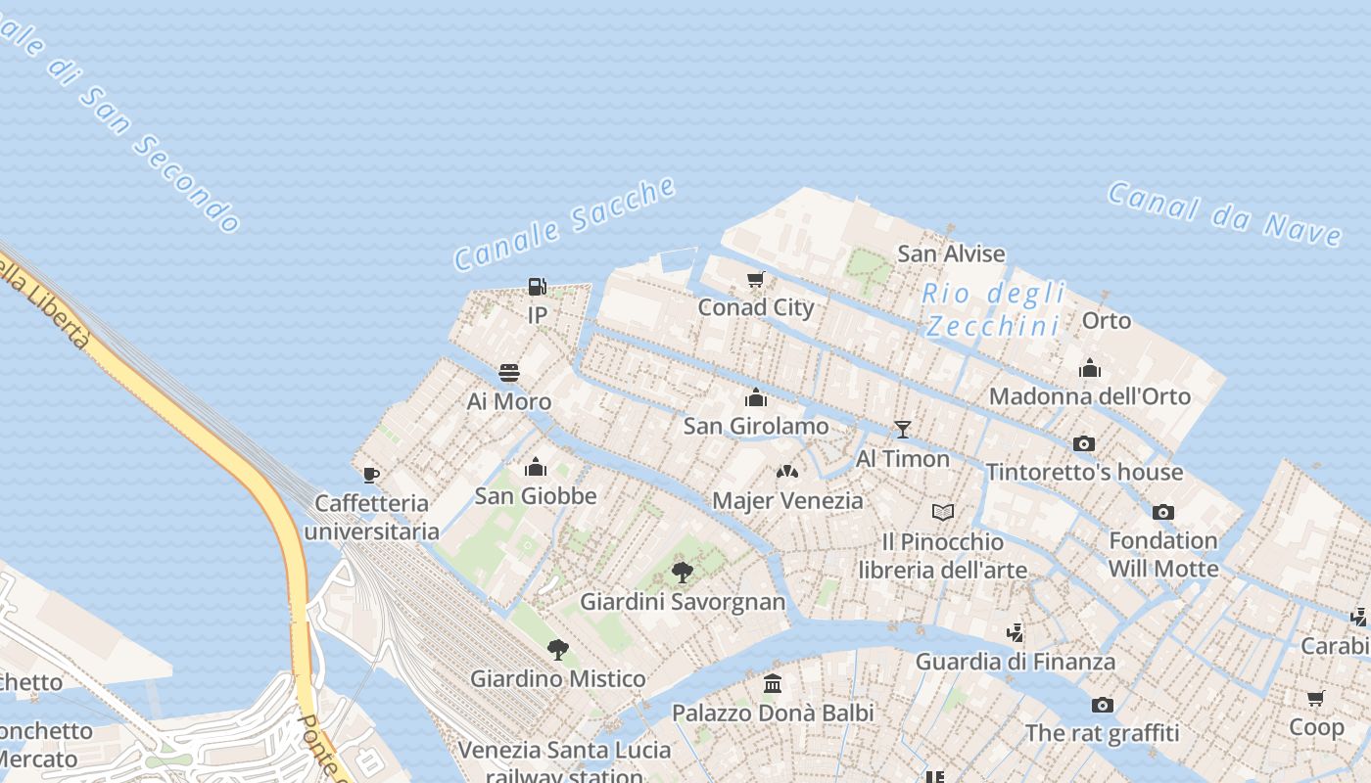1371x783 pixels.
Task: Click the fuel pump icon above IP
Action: (537, 287)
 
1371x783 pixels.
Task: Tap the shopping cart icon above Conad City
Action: (755, 280)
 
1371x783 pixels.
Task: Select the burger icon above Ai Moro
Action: (509, 373)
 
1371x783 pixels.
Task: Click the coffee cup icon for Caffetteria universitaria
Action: (371, 475)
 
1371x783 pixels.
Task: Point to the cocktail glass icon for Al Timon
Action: (902, 430)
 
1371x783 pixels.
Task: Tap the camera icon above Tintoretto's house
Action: (1083, 443)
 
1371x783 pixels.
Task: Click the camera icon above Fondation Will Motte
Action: (1162, 512)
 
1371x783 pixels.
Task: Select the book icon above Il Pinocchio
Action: (942, 512)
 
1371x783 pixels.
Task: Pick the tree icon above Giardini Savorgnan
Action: (683, 573)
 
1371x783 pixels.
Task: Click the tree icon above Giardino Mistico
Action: (557, 649)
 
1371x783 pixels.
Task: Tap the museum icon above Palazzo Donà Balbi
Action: (773, 684)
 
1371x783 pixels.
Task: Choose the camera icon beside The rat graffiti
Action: (1102, 705)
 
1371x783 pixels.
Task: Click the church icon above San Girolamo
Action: (755, 397)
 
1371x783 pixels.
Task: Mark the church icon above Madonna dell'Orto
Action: (1089, 368)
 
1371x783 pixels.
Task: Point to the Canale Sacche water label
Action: (565, 224)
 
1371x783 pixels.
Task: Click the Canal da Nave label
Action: (1225, 213)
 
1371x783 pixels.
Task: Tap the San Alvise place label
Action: (951, 254)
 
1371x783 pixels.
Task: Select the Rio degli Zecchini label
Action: (994, 309)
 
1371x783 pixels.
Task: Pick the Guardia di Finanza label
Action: (1015, 662)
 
